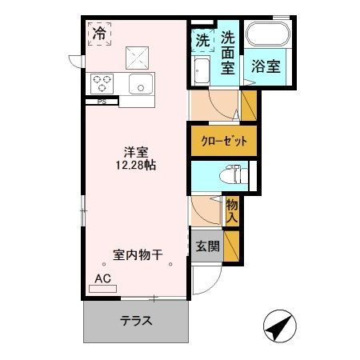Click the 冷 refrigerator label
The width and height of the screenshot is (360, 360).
coord(99,34)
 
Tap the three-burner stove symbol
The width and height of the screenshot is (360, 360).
coord(104,82)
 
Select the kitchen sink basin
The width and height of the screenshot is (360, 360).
coord(140,83)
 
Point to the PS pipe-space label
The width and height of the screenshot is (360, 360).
coord(102,102)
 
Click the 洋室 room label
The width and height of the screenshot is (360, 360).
coord(134,150)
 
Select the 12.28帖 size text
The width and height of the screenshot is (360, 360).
coord(134,166)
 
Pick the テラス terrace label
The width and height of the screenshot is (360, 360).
coord(137,321)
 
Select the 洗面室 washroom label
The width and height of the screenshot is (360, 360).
coord(228,52)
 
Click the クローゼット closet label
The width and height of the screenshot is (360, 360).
coord(223,141)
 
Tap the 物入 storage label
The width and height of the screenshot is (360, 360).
coord(232,210)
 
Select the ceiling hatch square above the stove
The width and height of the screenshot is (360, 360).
coord(137,55)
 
